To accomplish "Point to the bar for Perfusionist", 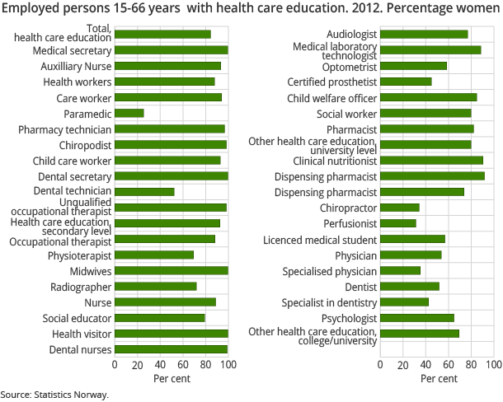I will (x=398, y=223).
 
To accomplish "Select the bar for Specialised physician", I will (x=400, y=270).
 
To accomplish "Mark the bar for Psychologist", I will (x=417, y=318).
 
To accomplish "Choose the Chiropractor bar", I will (x=400, y=208).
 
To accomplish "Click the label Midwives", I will (x=90, y=271).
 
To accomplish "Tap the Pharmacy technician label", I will (x=64, y=129).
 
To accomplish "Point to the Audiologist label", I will (x=351, y=35).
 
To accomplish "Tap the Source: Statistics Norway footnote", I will (x=54, y=395).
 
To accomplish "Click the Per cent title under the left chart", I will (x=171, y=379).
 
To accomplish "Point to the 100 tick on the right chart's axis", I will (x=494, y=364).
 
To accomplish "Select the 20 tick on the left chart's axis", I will (x=138, y=364).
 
